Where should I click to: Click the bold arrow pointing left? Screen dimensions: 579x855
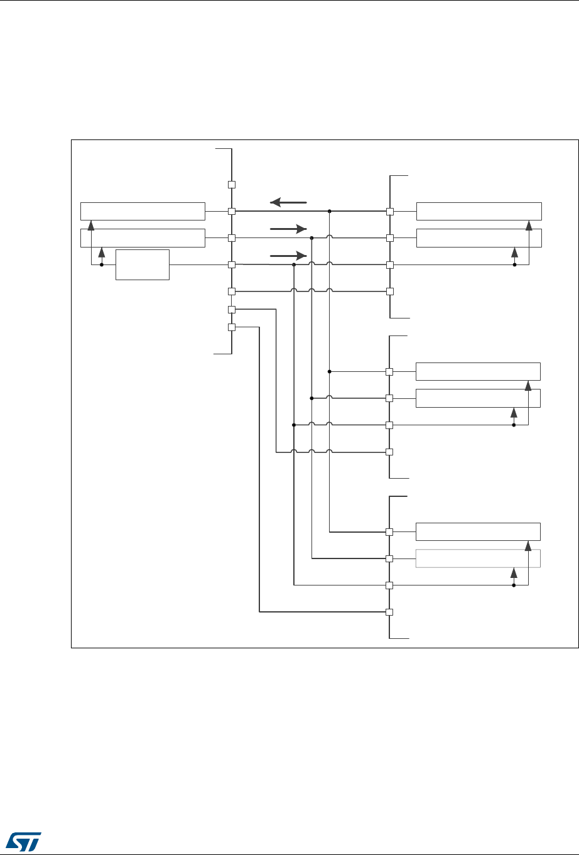pyautogui.click(x=288, y=202)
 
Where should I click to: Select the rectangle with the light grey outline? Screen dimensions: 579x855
pyautogui.click(x=478, y=558)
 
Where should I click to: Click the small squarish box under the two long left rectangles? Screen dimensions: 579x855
pyautogui.click(x=143, y=264)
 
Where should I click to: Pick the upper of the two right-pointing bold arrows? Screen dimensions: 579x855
pyautogui.click(x=288, y=229)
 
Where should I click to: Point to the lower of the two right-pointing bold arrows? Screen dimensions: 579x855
pyautogui.click(x=288, y=256)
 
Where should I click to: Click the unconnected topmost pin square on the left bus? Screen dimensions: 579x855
pyautogui.click(x=231, y=185)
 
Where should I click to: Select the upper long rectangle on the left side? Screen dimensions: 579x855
pyautogui.click(x=143, y=212)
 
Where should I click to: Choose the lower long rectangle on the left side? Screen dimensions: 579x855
pyautogui.click(x=143, y=238)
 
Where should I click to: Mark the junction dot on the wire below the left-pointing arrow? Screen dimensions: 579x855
pyautogui.click(x=329, y=212)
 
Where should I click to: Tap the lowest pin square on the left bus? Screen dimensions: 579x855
pyautogui.click(x=231, y=327)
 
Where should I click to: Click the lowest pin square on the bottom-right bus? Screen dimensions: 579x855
pyautogui.click(x=389, y=612)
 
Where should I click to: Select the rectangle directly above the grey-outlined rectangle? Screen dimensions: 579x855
pyautogui.click(x=478, y=531)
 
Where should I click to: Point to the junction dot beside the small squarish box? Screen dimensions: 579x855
pyautogui.click(x=102, y=264)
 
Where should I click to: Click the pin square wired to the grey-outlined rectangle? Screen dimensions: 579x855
pyautogui.click(x=389, y=558)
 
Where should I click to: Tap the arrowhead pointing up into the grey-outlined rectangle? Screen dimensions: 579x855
pyautogui.click(x=514, y=572)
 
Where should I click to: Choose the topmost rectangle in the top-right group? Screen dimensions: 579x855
pyautogui.click(x=479, y=212)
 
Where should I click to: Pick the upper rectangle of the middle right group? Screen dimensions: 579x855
pyautogui.click(x=478, y=371)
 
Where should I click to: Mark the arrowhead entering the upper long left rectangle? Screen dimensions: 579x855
pyautogui.click(x=92, y=224)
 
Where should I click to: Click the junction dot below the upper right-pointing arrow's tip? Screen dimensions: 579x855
pyautogui.click(x=311, y=238)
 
